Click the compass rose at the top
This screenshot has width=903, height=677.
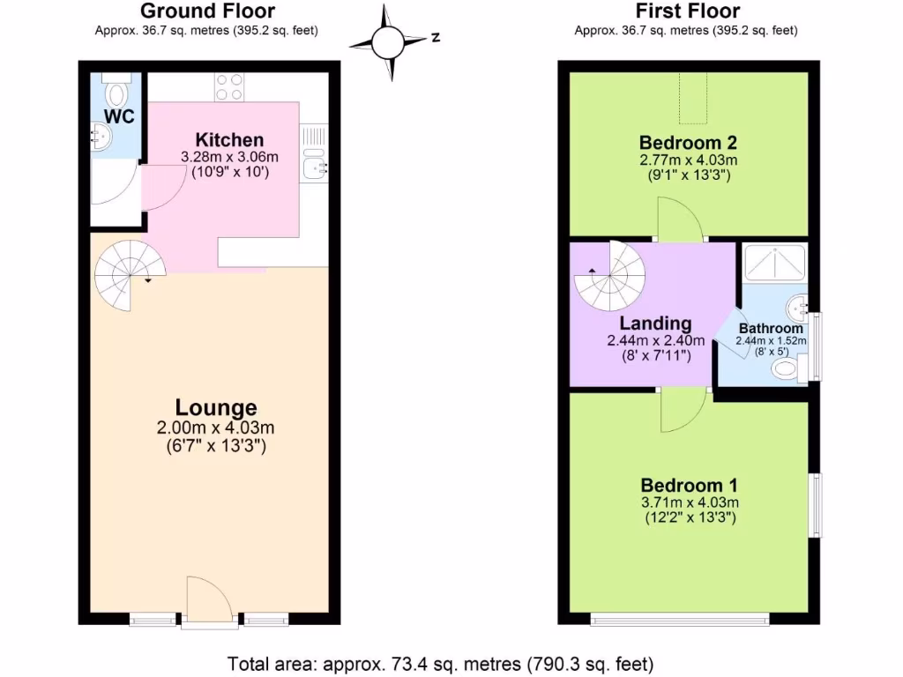pos(386,41)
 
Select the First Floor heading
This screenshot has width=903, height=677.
pos(687,11)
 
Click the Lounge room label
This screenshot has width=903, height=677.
pos(216,407)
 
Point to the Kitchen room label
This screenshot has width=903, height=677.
pos(229,140)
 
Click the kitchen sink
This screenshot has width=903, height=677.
pos(315,165)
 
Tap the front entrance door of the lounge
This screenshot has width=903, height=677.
pos(210,602)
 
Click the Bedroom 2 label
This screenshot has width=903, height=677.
pos(688,143)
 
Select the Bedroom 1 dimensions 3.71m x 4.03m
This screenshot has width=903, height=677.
pos(689,502)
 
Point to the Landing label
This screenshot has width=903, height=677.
pos(654,324)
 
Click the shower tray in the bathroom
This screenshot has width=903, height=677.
pos(775,262)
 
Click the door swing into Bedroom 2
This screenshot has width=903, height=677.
pos(680,220)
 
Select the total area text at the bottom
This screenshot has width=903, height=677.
pos(441,662)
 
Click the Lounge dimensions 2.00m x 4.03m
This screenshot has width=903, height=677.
pos(216,428)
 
